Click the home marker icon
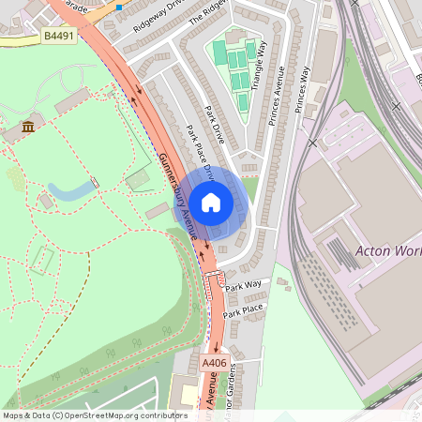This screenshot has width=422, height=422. pyautogui.click(x=211, y=202)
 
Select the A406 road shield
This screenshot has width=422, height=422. pyautogui.click(x=214, y=360)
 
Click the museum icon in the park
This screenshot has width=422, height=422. pyautogui.click(x=27, y=127)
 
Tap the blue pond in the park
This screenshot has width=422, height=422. pyautogui.click(x=70, y=191)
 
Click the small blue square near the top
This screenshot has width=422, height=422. pyautogui.click(x=119, y=7)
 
